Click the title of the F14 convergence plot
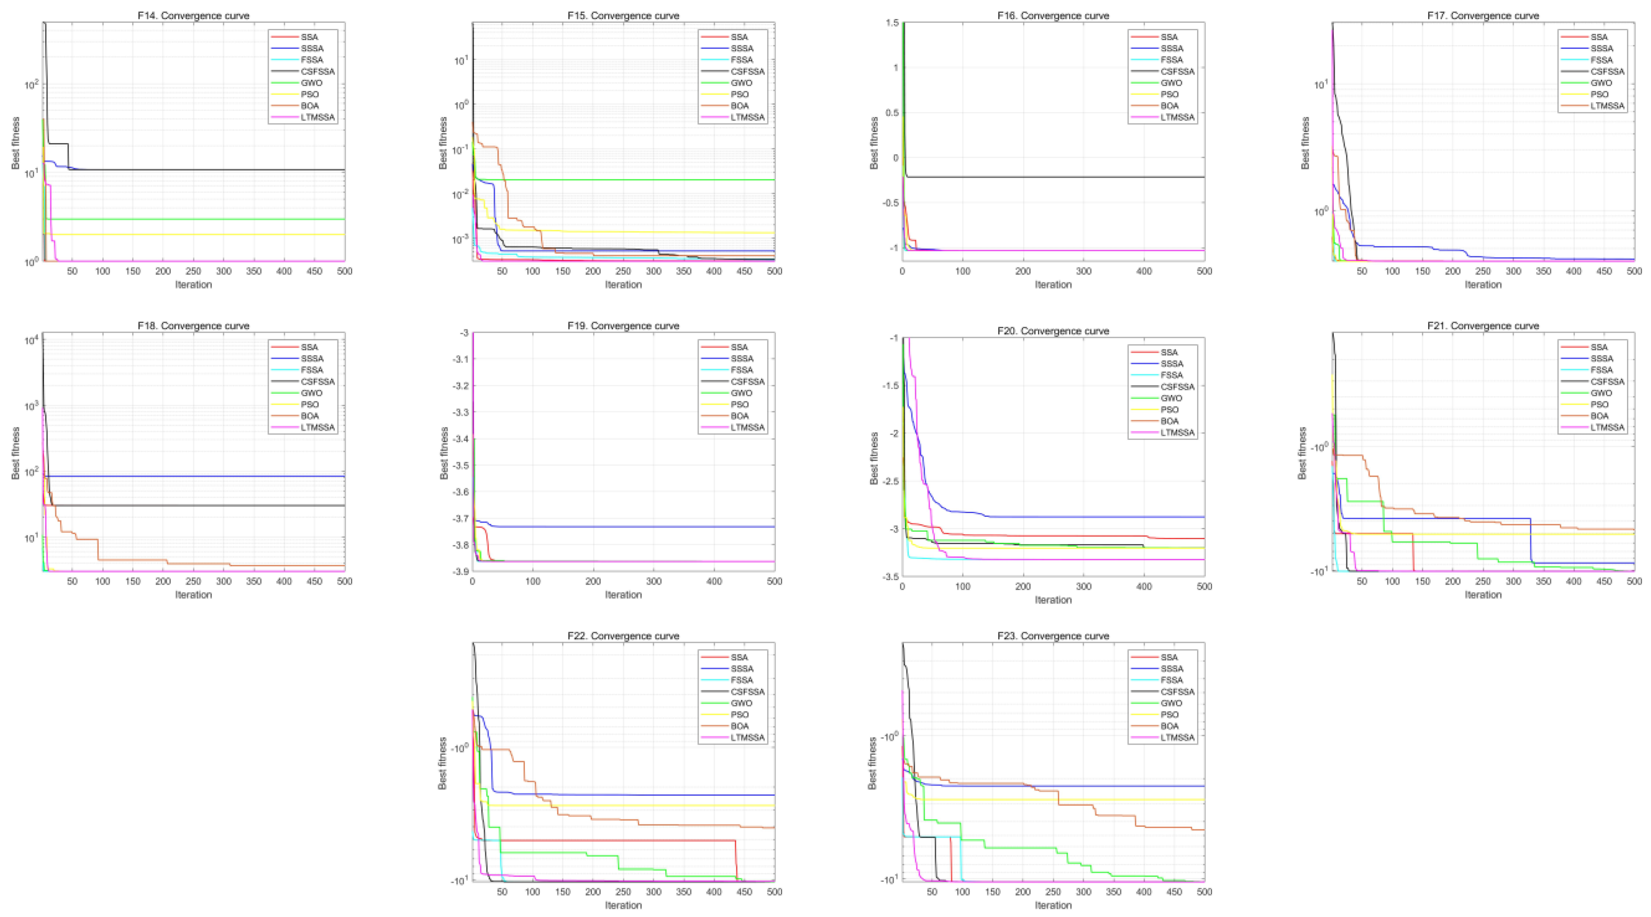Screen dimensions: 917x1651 point(193,15)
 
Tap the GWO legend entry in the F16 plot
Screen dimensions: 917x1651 point(1171,83)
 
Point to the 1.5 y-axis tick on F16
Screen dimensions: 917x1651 point(892,23)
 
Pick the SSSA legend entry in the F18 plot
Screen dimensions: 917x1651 point(312,358)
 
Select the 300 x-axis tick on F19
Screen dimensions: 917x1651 point(654,581)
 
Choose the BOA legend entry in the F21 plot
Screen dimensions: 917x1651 point(1599,416)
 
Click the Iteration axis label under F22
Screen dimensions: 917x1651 point(623,905)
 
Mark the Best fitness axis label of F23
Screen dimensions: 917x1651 point(872,762)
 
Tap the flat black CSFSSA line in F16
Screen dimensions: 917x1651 point(1051,177)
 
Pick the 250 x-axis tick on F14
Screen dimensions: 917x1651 point(193,271)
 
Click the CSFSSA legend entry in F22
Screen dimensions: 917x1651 point(747,691)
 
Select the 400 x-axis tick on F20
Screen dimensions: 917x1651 point(1144,586)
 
